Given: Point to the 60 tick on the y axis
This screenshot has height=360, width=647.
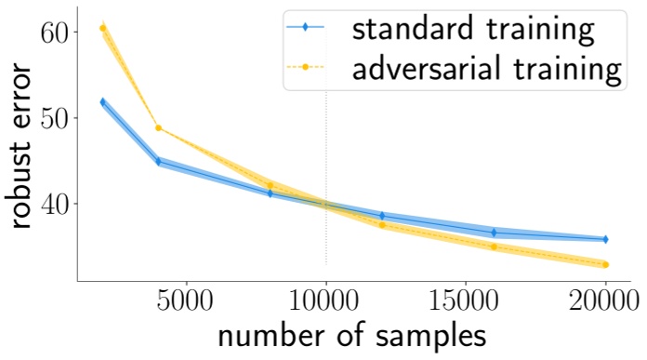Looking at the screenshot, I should (57, 32).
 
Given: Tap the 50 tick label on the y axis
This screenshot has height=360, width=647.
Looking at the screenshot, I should (57, 117).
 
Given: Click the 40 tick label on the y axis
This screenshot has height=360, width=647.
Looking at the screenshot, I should (57, 203).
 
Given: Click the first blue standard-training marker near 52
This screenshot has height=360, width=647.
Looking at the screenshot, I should (103, 101).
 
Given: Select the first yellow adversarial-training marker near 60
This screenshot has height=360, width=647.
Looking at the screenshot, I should (103, 28).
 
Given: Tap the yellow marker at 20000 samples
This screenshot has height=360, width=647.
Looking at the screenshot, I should (605, 265).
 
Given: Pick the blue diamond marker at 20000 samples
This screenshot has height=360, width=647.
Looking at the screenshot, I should (605, 239).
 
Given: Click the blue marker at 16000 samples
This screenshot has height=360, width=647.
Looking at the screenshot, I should (494, 233).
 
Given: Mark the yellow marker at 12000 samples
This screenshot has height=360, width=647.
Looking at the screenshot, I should (382, 225).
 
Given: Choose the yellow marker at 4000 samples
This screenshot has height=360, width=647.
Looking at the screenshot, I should (159, 127).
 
